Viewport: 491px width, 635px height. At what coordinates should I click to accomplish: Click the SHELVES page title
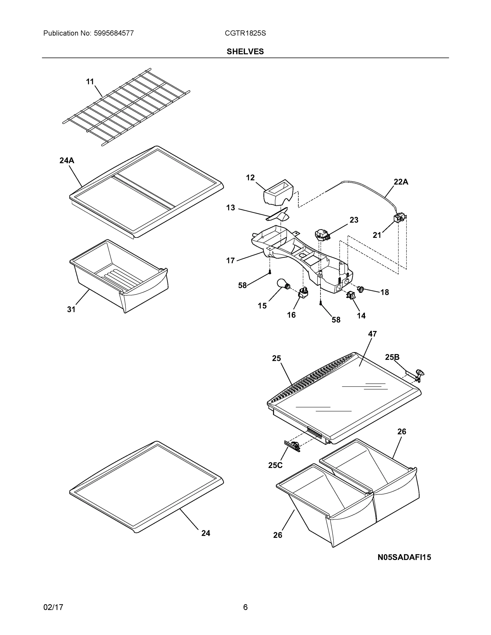245,52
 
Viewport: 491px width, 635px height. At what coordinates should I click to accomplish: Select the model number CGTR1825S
245,33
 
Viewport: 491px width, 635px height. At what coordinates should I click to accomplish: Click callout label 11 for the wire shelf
90,82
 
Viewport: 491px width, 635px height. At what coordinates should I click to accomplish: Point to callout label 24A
67,161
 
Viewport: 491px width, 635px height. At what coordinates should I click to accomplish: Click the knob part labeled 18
361,289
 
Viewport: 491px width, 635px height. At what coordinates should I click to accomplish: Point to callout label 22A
401,182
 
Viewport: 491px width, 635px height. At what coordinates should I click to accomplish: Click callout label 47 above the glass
372,334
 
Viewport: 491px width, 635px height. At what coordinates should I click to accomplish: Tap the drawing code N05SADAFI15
404,557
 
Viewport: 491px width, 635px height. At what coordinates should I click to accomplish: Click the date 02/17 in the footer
53,607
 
